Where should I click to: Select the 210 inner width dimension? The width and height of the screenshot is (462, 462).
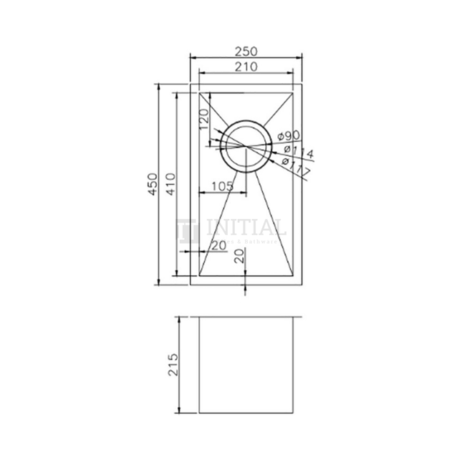(244, 67)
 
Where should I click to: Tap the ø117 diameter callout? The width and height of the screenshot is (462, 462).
(295, 168)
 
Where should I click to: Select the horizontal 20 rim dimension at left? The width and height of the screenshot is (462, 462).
(218, 246)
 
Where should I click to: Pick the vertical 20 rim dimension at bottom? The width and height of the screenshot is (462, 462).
(240, 257)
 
